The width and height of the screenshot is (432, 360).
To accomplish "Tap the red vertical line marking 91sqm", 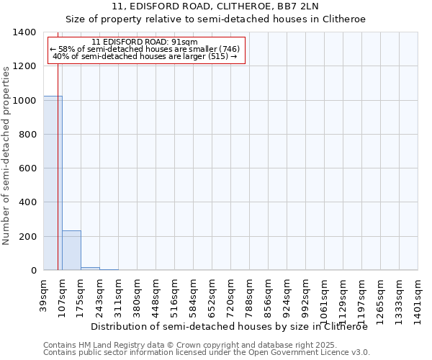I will coord(58,180).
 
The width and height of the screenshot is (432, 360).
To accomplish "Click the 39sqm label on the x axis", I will coord(44,293).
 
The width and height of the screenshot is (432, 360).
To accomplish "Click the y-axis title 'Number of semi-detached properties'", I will coord(6,155).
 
